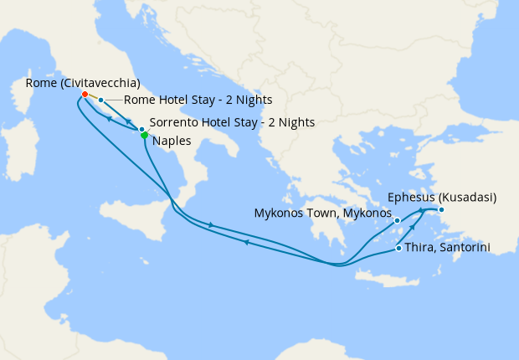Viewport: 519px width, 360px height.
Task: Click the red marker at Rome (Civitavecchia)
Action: [x=85, y=94]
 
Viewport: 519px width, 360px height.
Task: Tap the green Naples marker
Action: [x=145, y=135]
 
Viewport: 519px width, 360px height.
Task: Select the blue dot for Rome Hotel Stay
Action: [x=100, y=100]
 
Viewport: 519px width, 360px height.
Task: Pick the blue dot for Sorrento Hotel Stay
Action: [x=141, y=129]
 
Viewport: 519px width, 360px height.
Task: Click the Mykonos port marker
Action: [x=398, y=222]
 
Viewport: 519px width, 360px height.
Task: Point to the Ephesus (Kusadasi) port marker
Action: [x=441, y=209]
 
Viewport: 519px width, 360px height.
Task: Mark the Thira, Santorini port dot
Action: [x=398, y=248]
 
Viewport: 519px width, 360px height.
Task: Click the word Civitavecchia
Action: [x=97, y=81]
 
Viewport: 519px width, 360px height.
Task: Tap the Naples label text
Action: [x=172, y=141]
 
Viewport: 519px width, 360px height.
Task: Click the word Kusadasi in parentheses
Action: [x=465, y=198]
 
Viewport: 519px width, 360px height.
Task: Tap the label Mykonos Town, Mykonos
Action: [x=322, y=213]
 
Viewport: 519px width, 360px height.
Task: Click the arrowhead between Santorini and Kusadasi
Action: [x=413, y=228]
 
